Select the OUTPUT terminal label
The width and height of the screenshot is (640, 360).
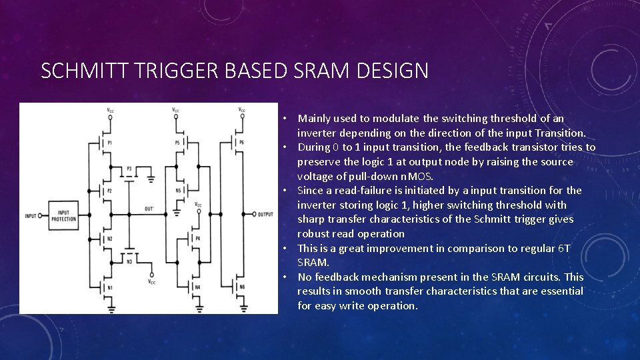[265, 214]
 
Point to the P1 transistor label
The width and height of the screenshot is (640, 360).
[109, 143]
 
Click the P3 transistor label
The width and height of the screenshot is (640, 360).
[129, 169]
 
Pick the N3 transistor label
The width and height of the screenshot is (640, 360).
[129, 262]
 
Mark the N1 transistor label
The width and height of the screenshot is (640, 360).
[109, 287]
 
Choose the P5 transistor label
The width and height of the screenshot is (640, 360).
[177, 143]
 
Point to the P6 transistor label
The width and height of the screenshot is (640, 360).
[241, 143]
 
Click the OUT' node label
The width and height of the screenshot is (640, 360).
[149, 209]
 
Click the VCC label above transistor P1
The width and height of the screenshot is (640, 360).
[110, 110]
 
